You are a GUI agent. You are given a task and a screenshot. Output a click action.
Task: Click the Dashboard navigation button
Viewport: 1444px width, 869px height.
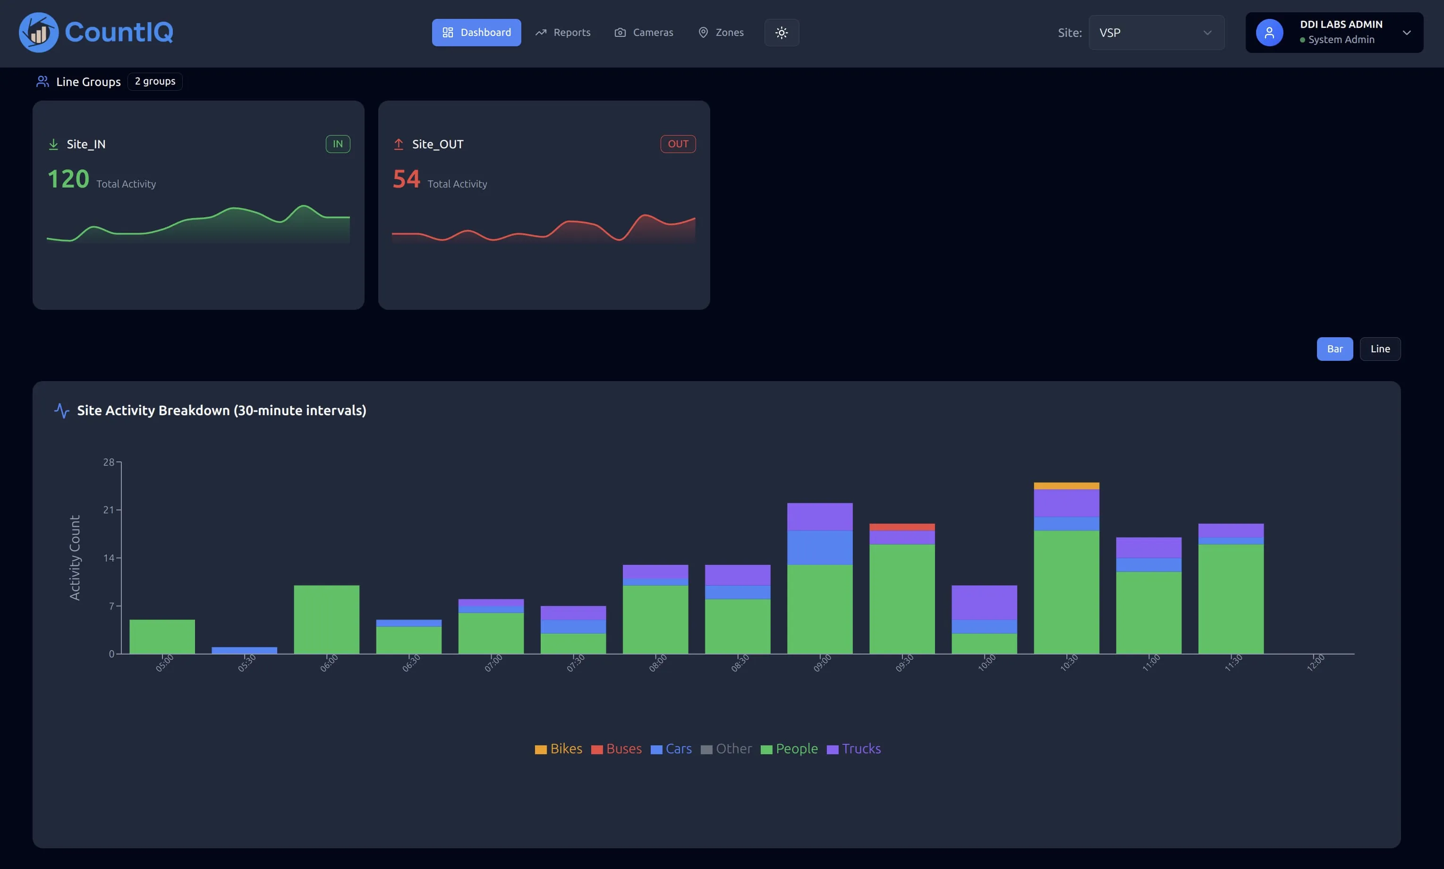476,32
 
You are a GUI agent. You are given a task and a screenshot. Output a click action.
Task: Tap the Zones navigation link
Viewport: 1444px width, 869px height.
721,32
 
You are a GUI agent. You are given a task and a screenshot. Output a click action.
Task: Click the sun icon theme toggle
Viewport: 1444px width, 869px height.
781,32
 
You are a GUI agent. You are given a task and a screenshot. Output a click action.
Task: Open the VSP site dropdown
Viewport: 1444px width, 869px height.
1155,33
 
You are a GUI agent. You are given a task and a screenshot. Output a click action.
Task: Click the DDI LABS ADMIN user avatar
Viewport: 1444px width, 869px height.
1269,33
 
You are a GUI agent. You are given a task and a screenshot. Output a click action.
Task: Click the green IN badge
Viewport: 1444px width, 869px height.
338,144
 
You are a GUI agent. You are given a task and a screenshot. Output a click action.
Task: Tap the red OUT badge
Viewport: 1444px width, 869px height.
677,144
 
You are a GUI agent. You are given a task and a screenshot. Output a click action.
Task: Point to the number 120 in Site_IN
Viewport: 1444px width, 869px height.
68,179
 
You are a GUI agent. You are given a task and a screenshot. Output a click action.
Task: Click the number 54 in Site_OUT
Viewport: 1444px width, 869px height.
406,179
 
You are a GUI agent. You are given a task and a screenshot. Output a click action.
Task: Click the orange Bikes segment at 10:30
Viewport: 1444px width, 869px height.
1066,486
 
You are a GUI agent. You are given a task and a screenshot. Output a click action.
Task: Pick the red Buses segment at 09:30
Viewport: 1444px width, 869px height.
901,527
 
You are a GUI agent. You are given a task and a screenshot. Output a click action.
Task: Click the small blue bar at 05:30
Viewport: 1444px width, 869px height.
244,650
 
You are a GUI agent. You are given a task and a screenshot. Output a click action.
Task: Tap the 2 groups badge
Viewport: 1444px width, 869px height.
154,81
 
